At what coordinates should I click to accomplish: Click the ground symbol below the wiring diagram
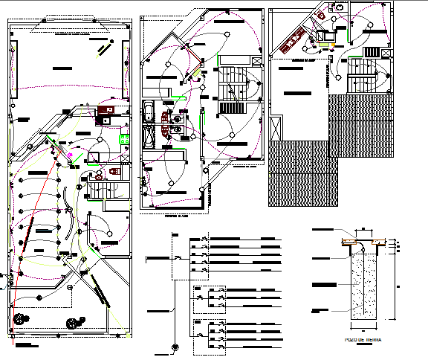tap(175, 348)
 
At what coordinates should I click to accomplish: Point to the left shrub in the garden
tap(18, 316)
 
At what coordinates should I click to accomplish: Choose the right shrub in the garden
tap(74, 323)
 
